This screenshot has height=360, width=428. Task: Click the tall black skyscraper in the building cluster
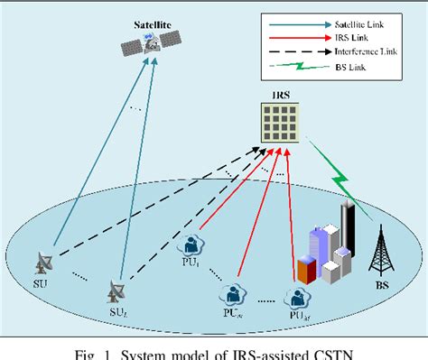click(345, 231)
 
